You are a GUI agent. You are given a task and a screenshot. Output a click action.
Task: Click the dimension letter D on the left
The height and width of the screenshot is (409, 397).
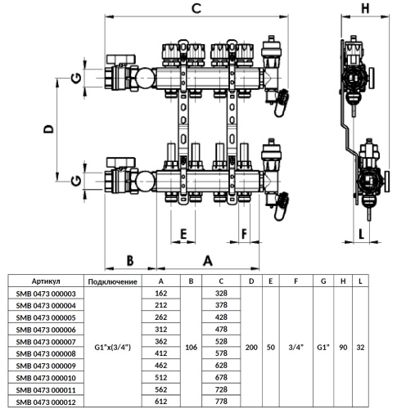(x=48, y=129)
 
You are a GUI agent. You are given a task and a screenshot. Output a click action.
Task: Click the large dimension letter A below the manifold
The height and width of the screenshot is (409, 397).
(x=207, y=259)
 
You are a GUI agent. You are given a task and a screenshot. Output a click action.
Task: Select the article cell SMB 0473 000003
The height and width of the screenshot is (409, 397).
(x=46, y=292)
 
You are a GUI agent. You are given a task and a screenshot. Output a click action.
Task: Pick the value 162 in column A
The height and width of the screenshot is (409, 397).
(x=160, y=292)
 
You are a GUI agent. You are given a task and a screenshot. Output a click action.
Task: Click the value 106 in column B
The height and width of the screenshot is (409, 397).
(x=191, y=348)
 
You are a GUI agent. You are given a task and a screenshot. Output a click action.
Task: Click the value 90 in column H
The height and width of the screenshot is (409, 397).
(x=343, y=348)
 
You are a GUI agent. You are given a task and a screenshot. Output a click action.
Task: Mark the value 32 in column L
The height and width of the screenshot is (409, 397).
(x=360, y=348)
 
